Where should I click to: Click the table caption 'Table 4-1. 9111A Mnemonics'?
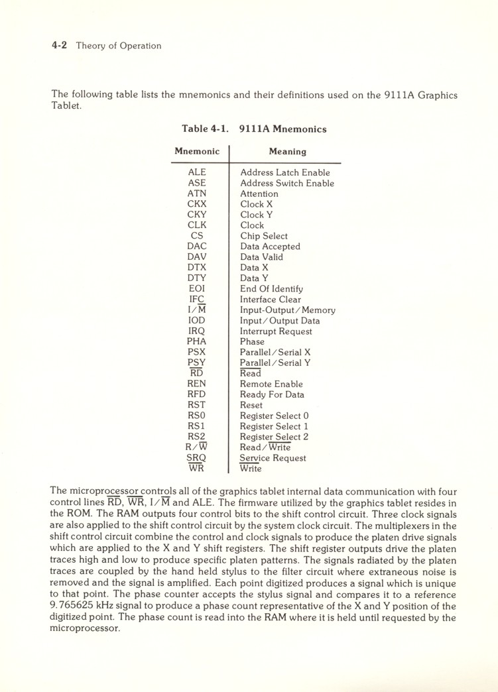(254, 129)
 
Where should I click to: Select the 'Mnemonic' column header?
(197, 152)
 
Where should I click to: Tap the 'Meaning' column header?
(287, 152)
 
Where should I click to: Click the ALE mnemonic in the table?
(197, 172)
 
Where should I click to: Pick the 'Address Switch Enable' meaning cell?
(286, 183)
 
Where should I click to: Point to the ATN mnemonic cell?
(197, 194)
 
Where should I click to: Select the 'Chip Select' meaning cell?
(263, 236)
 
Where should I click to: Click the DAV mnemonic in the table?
(197, 257)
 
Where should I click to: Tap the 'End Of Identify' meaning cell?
(271, 289)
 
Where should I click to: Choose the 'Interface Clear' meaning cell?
(270, 300)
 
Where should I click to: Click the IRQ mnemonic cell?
(197, 331)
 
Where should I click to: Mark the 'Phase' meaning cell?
(252, 342)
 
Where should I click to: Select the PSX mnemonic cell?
(197, 353)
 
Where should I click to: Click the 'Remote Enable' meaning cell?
(271, 384)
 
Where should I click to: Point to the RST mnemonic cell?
(197, 405)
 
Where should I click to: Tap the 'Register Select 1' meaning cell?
(274, 426)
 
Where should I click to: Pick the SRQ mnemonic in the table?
(197, 458)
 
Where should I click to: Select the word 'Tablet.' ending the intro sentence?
(66, 106)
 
